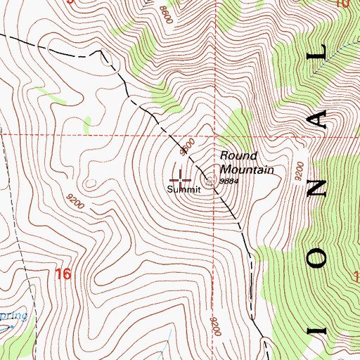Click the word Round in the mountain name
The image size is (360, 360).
point(239,155)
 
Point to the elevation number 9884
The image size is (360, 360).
point(229,181)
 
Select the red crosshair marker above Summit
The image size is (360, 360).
point(181,175)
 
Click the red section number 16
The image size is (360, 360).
point(63,274)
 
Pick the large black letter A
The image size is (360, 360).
point(320,120)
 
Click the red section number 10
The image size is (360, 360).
point(342,4)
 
